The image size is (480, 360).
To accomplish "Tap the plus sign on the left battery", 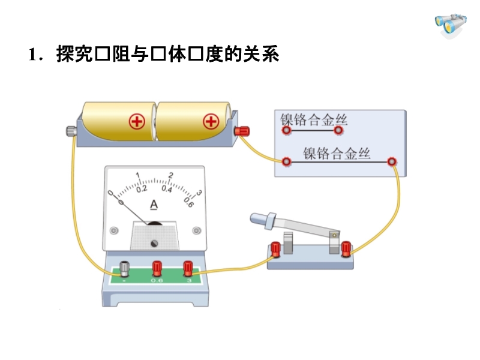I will point(137,122).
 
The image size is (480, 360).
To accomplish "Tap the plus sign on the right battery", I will point(210,122).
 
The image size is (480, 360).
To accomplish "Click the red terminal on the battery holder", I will point(243,131).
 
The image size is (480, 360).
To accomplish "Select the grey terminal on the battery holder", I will point(71,130).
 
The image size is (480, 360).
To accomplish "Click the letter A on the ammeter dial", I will point(154,205).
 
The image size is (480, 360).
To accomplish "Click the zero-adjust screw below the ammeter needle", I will point(155,243).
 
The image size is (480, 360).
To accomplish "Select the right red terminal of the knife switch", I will point(346,248).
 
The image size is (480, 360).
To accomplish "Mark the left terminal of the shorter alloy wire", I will point(286,130).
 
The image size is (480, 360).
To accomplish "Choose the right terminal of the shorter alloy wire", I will point(339,130).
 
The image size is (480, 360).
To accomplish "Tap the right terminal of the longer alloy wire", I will point(392,161).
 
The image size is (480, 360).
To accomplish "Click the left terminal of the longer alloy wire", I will point(287,161).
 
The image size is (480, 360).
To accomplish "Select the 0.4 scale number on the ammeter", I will point(166,189).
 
